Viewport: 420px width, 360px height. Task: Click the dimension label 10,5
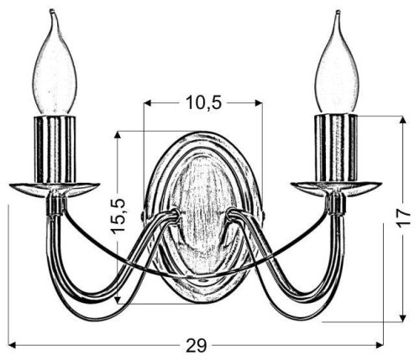coord(203,103)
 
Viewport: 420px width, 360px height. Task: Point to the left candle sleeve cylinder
coord(55,149)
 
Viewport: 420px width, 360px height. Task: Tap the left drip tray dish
coord(55,189)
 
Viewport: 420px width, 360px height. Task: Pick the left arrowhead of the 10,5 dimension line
coord(148,104)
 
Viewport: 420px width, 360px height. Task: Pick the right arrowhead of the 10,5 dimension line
coord(260,104)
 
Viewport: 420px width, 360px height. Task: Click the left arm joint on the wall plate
coord(173,216)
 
